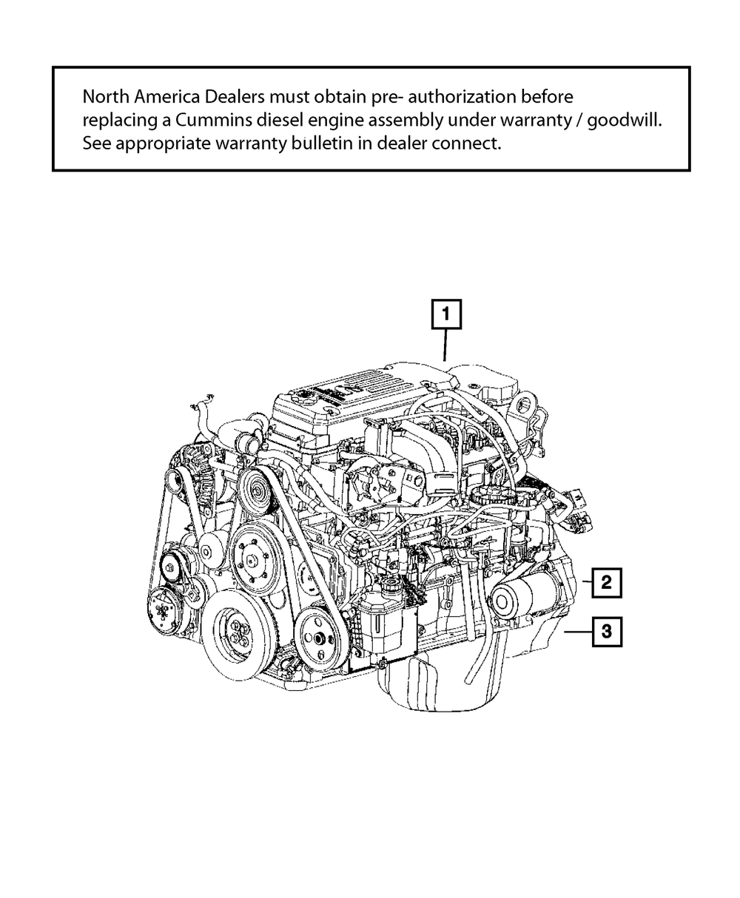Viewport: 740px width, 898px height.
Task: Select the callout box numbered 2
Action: pyautogui.click(x=606, y=583)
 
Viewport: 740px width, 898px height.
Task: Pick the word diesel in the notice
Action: pyautogui.click(x=292, y=120)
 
